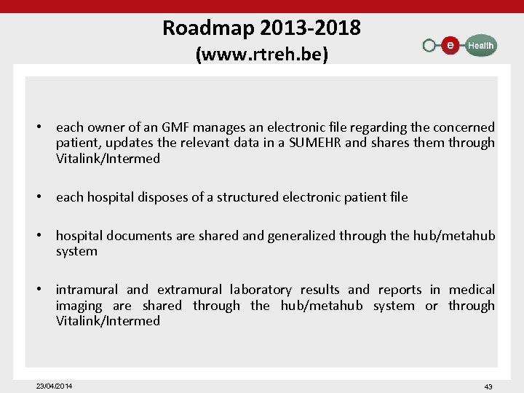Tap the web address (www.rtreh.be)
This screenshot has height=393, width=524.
[x=263, y=55]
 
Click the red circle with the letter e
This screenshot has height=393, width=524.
[x=450, y=45]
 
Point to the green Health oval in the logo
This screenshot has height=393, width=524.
[x=480, y=45]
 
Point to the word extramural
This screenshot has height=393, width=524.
[x=188, y=290]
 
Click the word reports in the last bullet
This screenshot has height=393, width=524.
[x=400, y=290]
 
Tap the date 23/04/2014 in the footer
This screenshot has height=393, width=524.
[x=55, y=385]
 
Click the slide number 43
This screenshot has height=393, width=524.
[x=488, y=386]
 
